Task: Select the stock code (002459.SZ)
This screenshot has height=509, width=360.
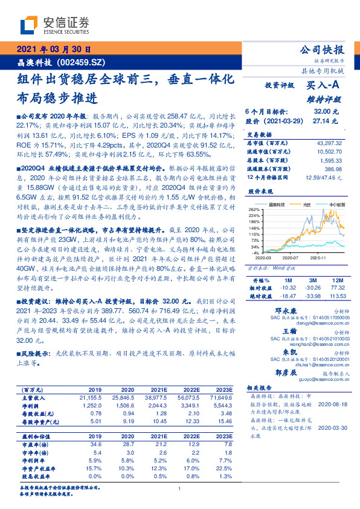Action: pos(83,62)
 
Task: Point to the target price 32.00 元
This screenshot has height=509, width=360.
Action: pos(326,111)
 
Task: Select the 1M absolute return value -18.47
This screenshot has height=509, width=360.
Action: pos(289,296)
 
